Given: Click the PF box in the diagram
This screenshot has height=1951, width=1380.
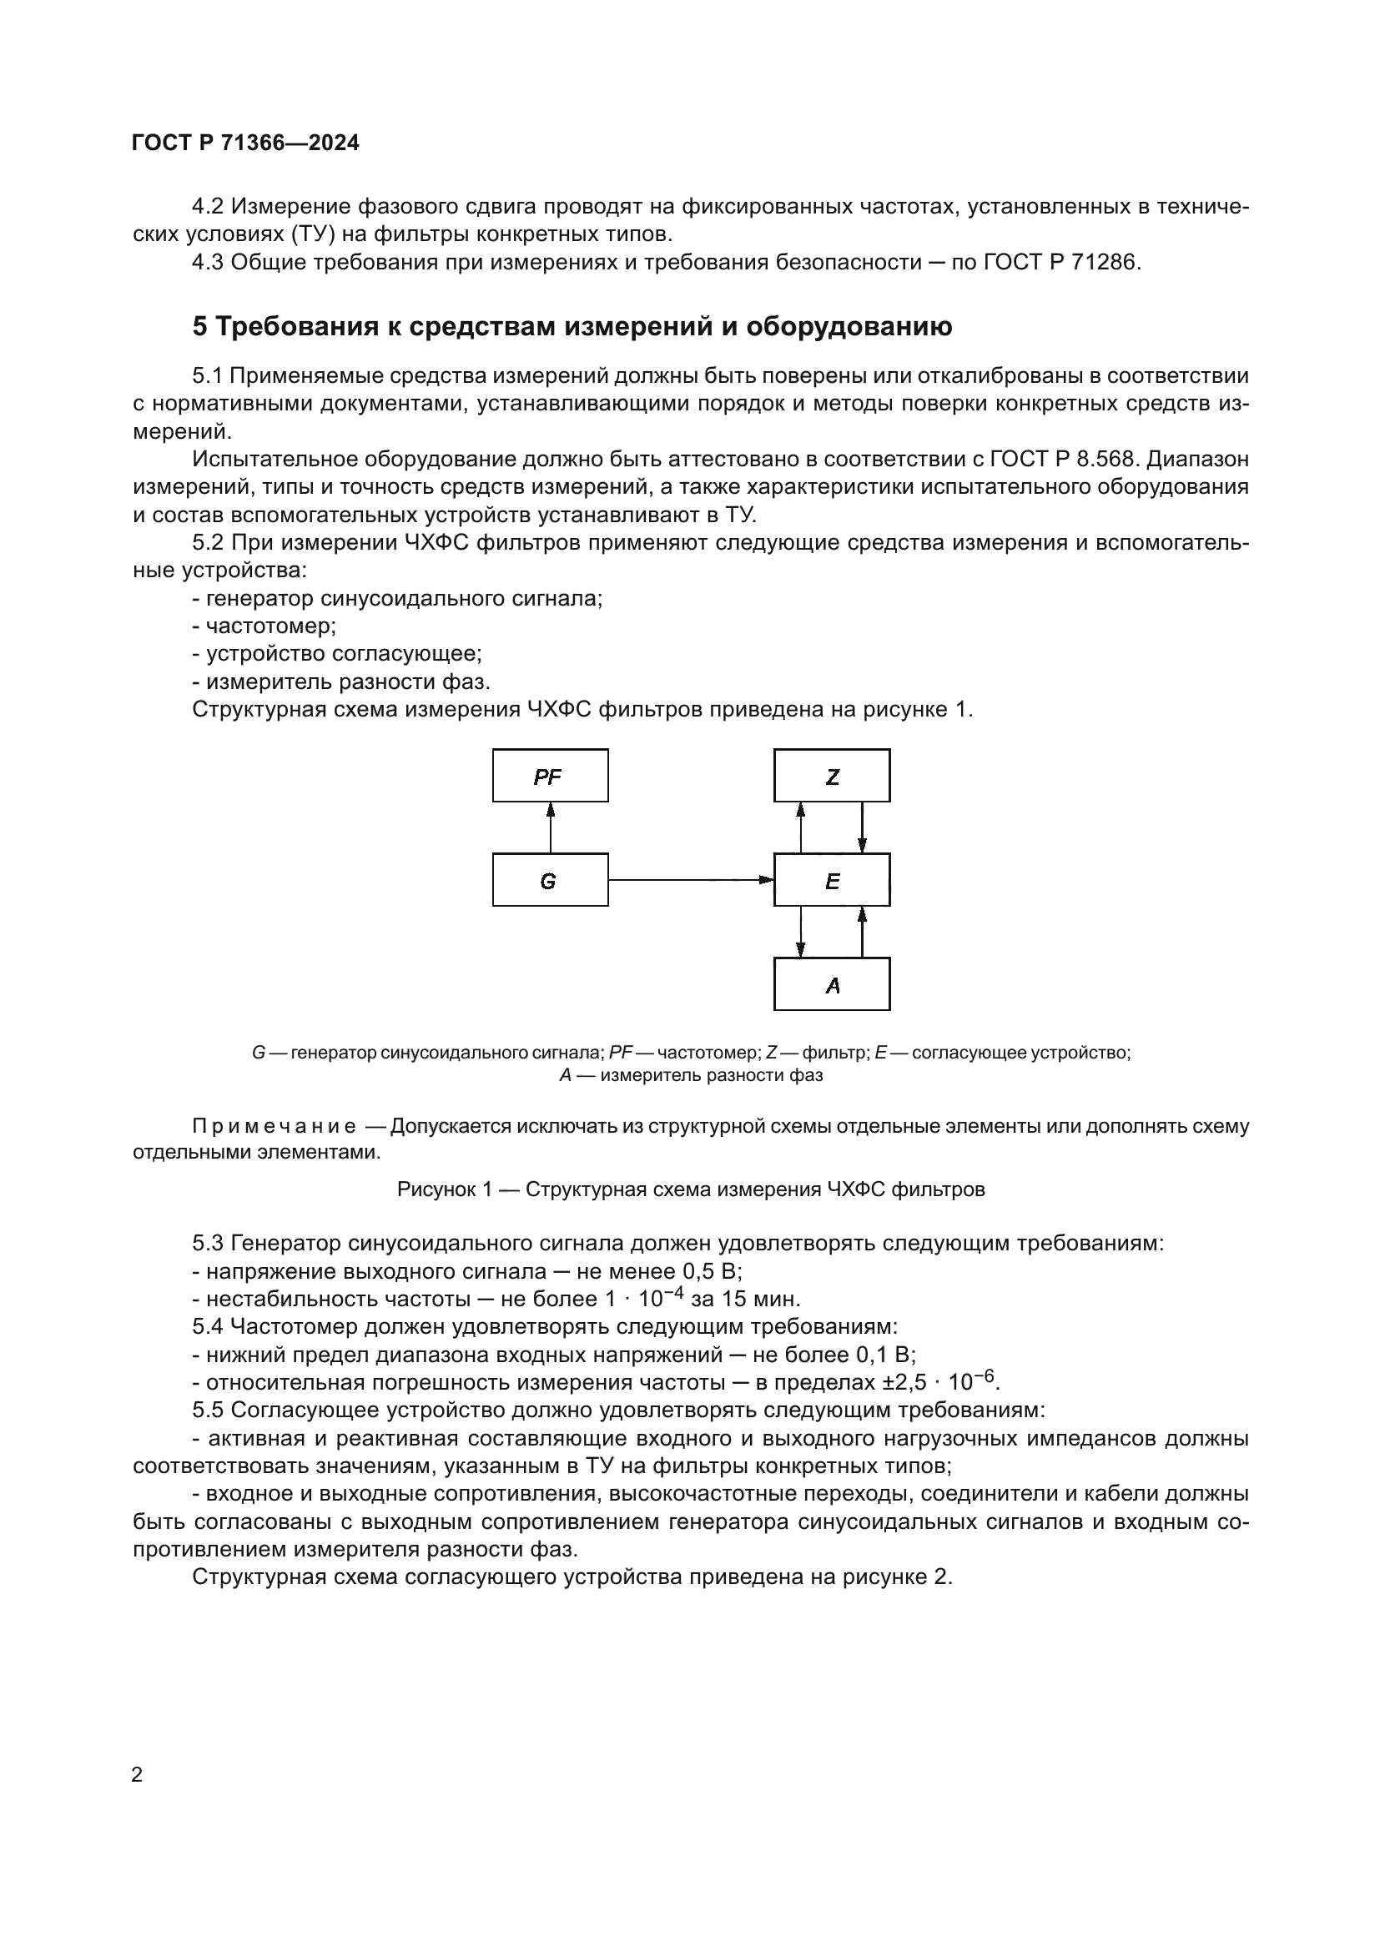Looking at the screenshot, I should (x=550, y=775).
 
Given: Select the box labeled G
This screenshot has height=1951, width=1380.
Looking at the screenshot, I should (x=550, y=879).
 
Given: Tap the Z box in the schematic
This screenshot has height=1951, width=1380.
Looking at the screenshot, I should (x=831, y=775).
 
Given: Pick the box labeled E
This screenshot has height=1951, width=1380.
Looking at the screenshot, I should (x=831, y=879).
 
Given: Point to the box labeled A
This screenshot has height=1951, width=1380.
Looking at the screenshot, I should (x=831, y=984).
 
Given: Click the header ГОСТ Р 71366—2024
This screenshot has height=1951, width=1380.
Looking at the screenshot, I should (x=245, y=143).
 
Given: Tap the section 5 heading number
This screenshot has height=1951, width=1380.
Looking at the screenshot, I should (x=199, y=326).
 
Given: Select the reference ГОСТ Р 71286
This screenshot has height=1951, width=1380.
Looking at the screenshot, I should (x=1059, y=262).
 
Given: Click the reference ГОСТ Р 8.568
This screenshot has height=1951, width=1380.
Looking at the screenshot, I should (x=1062, y=459).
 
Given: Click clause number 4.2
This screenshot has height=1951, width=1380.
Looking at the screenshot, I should (x=208, y=207).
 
